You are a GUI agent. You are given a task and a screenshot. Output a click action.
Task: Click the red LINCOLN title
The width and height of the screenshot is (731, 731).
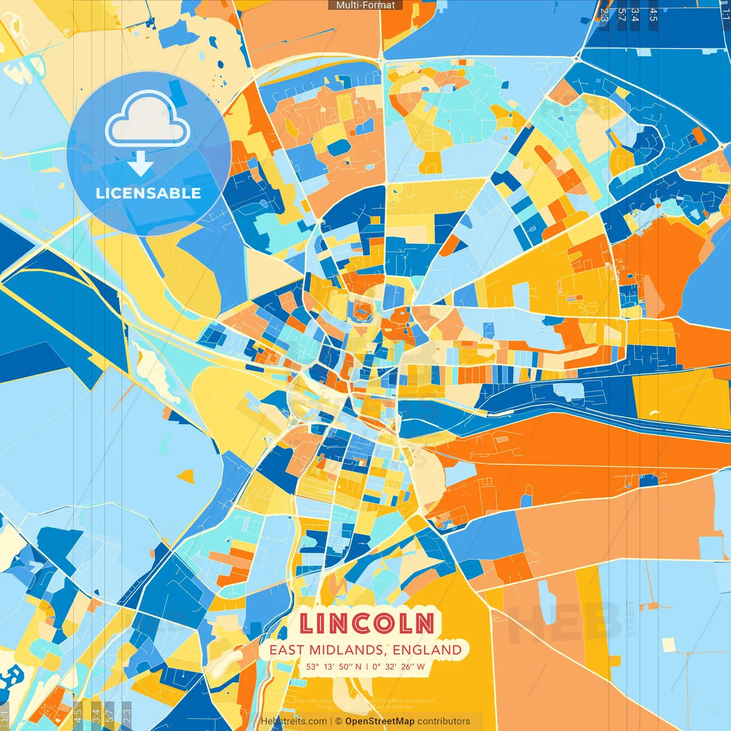tap(366, 623)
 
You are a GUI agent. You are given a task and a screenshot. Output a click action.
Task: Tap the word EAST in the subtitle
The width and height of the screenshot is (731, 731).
tap(287, 650)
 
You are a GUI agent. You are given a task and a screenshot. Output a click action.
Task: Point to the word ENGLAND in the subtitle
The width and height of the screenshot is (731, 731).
tap(427, 650)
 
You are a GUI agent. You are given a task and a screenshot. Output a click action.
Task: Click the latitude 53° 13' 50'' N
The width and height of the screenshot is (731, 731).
tap(334, 666)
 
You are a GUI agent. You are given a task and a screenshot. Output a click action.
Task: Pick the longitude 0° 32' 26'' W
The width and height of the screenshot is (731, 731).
tap(399, 666)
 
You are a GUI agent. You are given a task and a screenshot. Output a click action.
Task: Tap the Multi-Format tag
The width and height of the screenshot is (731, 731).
tap(365, 5)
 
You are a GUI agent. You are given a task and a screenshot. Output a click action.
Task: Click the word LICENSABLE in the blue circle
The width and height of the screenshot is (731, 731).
tap(148, 193)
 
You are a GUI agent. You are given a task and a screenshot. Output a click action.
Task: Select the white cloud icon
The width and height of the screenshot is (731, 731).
tap(147, 120)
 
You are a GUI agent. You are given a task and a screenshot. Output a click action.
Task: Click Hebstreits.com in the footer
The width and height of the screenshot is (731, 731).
tap(294, 721)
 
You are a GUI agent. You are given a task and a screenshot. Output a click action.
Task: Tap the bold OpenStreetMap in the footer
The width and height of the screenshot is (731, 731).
tap(379, 721)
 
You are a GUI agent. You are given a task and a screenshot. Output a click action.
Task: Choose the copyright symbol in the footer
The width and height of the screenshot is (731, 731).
tap(338, 721)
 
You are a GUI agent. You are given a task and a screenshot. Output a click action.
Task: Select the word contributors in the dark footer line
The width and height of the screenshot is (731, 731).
tap(444, 721)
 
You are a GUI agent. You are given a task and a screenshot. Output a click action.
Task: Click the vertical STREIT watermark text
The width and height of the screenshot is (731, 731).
tap(630, 618)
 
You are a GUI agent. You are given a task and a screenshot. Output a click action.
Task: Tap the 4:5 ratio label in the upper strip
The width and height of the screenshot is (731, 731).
tap(653, 15)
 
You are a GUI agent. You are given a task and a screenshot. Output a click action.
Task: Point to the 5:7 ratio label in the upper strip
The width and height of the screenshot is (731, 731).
tap(621, 15)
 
